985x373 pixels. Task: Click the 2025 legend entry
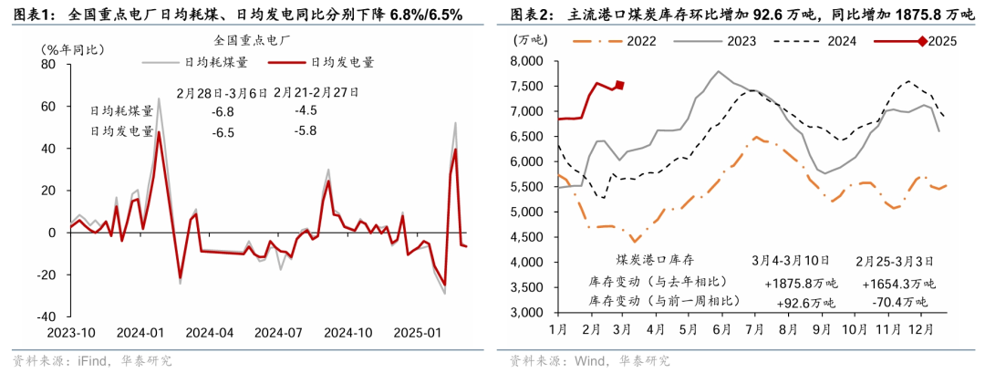940,40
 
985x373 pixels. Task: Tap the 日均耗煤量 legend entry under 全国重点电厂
216,62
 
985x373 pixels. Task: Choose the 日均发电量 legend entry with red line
343,62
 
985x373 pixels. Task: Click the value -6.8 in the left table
222,111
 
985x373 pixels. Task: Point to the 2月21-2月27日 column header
315,91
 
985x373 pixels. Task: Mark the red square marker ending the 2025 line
619,86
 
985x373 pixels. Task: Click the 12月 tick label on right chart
918,327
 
